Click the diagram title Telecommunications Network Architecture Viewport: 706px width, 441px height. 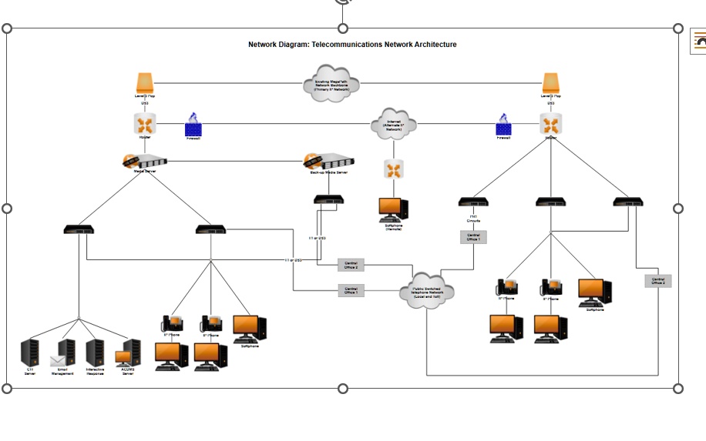coord(352,45)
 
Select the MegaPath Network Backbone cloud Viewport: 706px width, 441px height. coord(331,82)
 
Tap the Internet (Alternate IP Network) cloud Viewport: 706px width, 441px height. coord(393,124)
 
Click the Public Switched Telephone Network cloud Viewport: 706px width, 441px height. coord(427,290)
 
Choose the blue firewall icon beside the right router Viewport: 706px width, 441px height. coord(503,126)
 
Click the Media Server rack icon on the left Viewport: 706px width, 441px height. coord(144,162)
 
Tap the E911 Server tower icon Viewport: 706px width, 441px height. coord(30,352)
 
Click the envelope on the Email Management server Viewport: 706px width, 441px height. coord(59,360)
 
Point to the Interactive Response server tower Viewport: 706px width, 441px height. coord(95,352)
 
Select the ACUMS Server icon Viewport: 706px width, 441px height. coord(128,354)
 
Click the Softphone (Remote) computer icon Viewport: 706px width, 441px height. coord(393,209)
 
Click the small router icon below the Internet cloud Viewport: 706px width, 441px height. coord(393,169)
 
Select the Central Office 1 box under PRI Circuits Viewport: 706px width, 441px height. coord(473,237)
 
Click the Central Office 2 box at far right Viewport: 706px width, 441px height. coord(658,281)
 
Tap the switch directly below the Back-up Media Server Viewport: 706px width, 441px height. coord(328,200)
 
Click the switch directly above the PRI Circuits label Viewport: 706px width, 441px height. coord(473,202)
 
